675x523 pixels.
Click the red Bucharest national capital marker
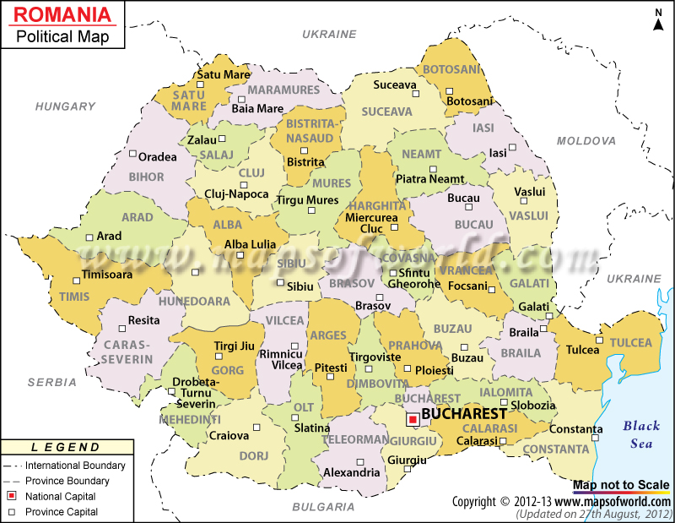tap(413, 419)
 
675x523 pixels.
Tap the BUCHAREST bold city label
tap(463, 414)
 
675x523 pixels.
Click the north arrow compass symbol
tap(658, 19)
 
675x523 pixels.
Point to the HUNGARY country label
tap(65, 106)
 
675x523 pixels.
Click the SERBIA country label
tap(51, 382)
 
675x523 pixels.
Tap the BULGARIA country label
tap(323, 507)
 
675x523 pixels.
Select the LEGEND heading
tap(65, 447)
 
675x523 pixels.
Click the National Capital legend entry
tap(60, 496)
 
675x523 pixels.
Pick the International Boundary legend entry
tap(75, 466)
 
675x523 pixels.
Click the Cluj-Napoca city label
tap(235, 193)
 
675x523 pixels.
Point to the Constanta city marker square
tap(597, 429)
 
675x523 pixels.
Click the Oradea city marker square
tap(132, 154)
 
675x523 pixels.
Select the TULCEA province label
tap(631, 342)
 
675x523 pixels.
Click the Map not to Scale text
tap(620, 485)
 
